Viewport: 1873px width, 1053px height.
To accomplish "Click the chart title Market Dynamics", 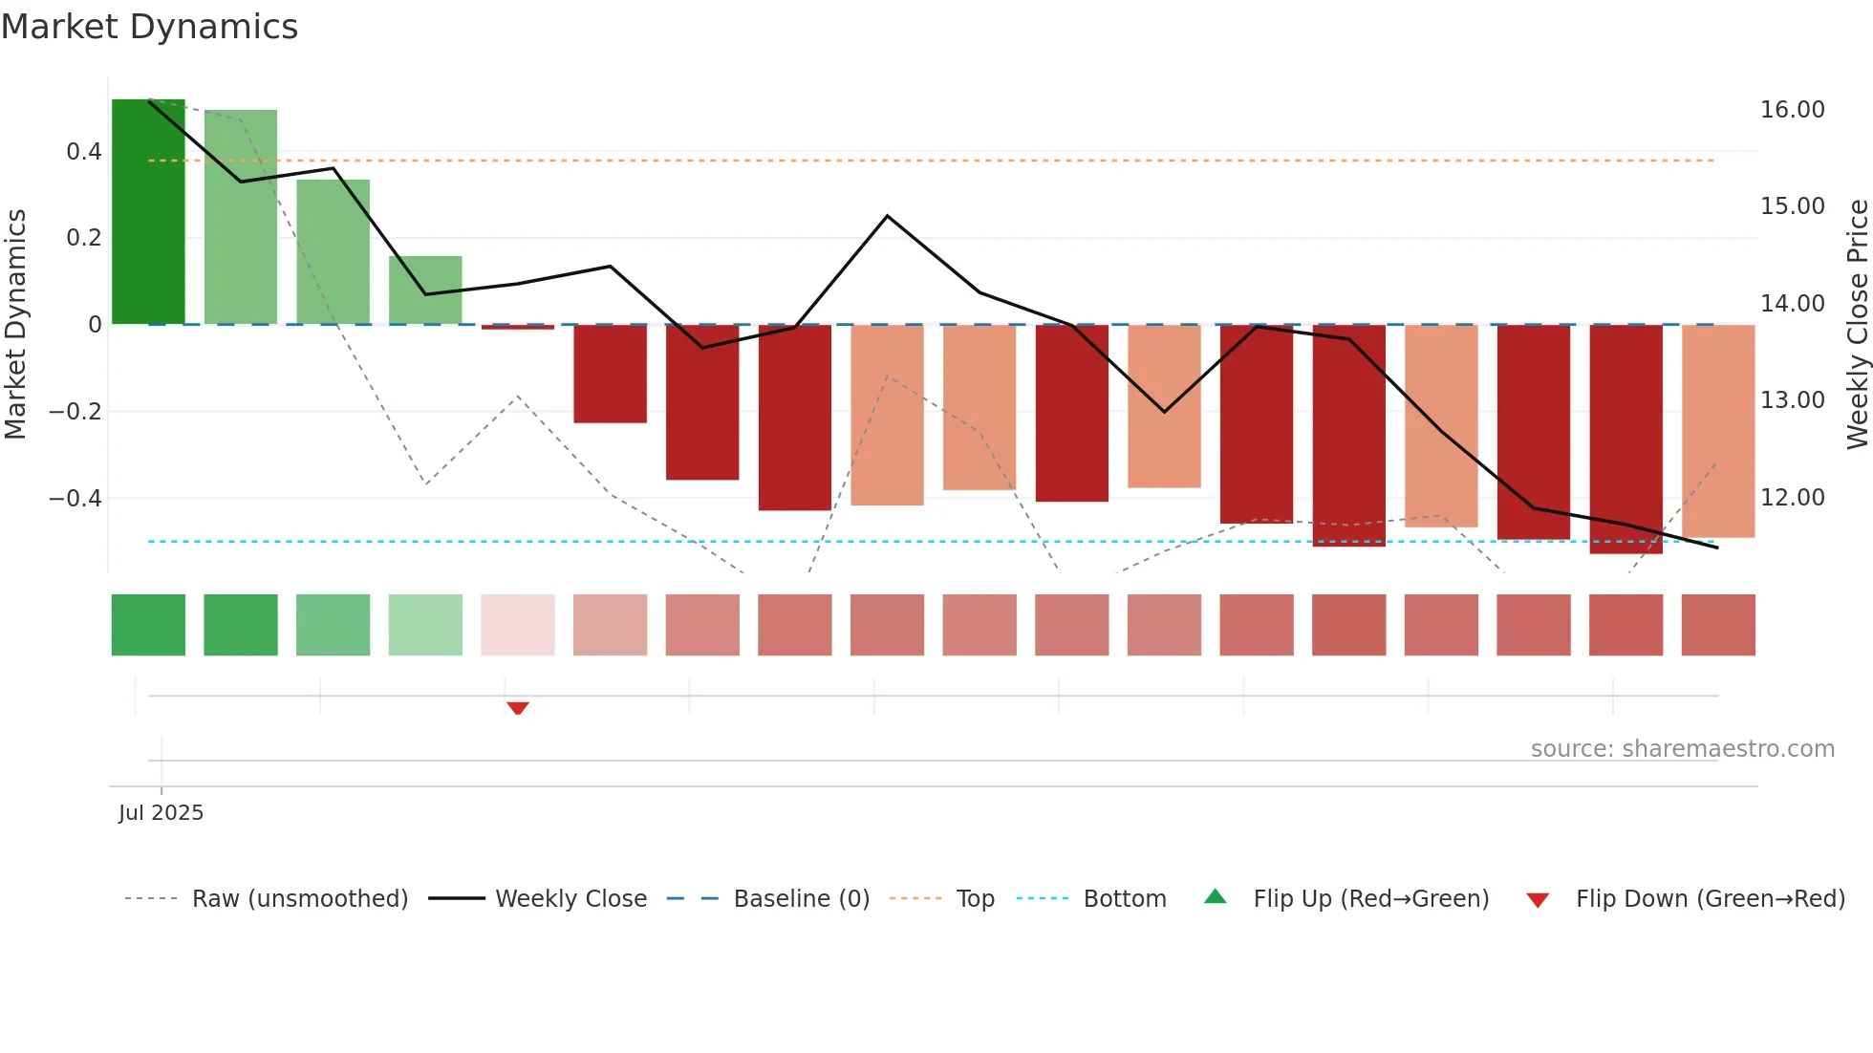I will click(x=149, y=27).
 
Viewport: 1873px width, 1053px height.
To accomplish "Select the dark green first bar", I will click(x=148, y=212).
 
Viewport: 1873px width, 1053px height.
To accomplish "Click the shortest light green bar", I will click(x=425, y=290).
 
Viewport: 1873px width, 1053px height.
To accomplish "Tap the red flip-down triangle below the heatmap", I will click(x=518, y=708).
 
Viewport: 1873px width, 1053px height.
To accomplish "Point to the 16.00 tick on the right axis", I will click(x=1792, y=110).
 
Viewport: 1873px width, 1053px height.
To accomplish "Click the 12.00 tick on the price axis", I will click(x=1792, y=498).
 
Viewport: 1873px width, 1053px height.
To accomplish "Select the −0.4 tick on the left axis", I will click(x=75, y=499).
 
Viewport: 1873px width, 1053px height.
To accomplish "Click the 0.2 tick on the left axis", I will click(x=83, y=238).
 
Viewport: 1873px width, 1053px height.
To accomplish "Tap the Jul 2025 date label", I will click(x=161, y=813).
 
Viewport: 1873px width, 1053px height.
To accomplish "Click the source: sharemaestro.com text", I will click(x=1682, y=749).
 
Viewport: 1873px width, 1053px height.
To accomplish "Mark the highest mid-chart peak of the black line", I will click(x=887, y=217).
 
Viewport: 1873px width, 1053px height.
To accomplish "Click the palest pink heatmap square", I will click(x=517, y=625).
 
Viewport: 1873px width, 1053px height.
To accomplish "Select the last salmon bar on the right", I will click(x=1717, y=431).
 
